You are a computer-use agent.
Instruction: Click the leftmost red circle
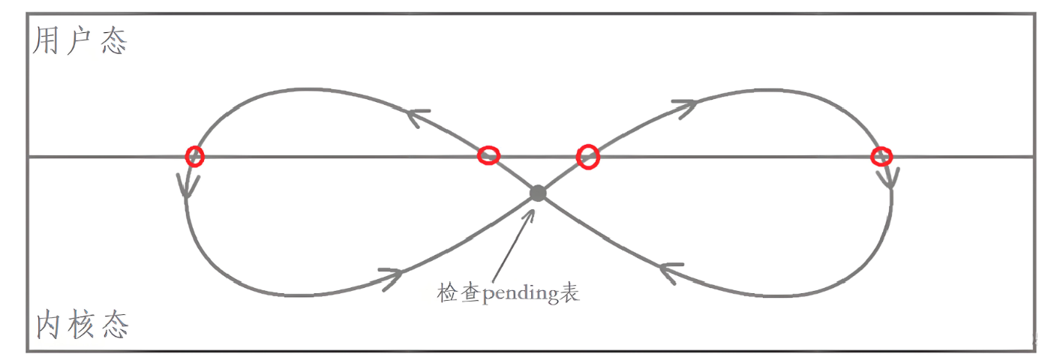[194, 155]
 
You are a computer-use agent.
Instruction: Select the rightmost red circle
[881, 156]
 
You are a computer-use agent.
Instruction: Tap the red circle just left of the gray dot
[488, 155]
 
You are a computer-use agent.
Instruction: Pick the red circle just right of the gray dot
[588, 156]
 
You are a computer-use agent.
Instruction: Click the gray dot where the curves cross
[537, 193]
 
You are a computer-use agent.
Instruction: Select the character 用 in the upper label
[46, 42]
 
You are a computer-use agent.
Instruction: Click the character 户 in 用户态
[80, 42]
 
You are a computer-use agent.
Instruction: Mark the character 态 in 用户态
[114, 42]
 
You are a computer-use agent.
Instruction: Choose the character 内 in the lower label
[48, 326]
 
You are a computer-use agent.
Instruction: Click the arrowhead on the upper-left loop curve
[418, 116]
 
